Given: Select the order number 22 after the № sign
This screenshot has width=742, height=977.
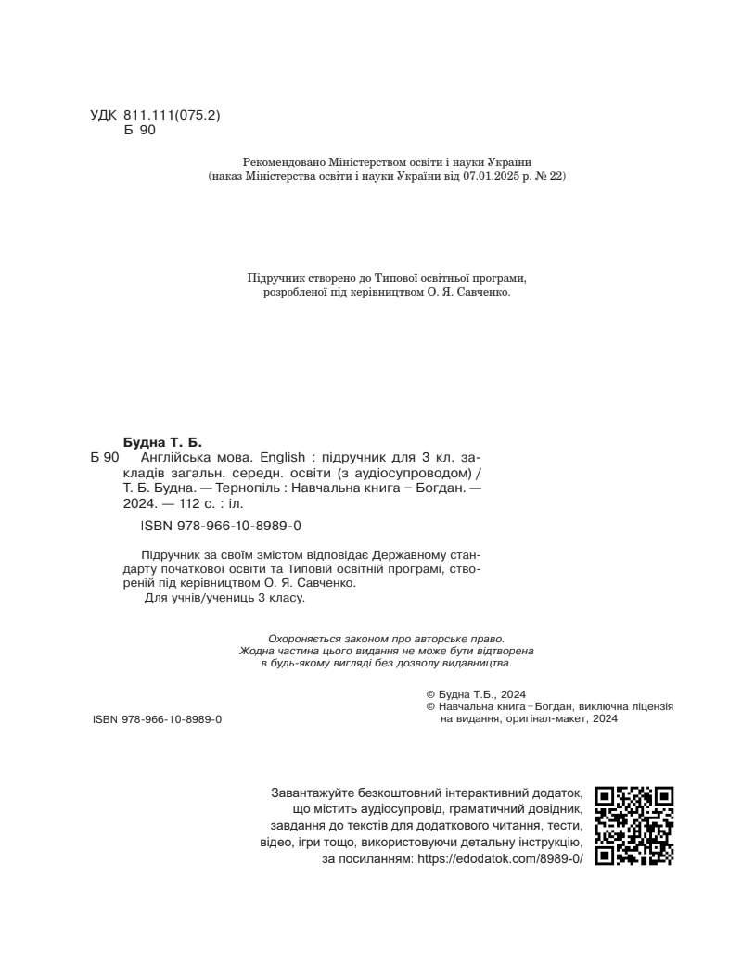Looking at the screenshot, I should tap(556, 175).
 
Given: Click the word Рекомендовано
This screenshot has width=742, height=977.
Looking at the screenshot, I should tap(284, 160).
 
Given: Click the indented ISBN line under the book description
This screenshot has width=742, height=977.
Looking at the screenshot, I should tap(221, 526).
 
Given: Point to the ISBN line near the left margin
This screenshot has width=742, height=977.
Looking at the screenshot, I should tap(158, 719).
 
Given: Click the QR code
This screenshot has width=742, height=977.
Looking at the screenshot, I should tap(634, 825).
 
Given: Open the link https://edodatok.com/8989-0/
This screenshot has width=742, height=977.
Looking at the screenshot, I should tap(501, 859).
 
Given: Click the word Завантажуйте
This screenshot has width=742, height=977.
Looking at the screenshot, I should tap(315, 793).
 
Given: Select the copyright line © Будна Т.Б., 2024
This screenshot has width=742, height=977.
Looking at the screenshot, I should tap(476, 693).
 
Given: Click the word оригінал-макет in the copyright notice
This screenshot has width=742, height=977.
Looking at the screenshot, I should tap(549, 718).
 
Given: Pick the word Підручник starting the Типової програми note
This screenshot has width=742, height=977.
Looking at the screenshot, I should tap(276, 278).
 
